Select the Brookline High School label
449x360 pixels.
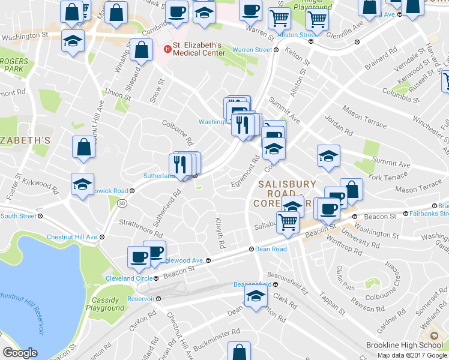click(405, 345)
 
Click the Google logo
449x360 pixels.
click(20, 353)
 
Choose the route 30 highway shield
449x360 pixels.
click(122, 203)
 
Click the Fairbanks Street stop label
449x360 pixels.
click(429, 213)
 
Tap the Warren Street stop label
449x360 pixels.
click(252, 50)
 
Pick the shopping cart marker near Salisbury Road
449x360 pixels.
click(289, 221)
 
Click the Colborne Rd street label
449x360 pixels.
click(177, 132)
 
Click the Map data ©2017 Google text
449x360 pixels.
click(412, 355)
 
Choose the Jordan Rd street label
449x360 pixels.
click(339, 126)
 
